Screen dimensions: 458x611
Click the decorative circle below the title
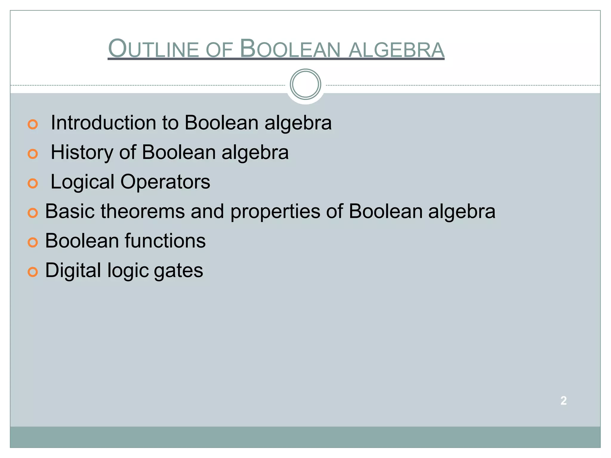click(x=305, y=84)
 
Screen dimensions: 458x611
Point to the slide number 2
click(x=563, y=400)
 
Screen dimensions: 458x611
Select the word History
click(x=82, y=152)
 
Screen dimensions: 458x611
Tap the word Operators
click(x=165, y=182)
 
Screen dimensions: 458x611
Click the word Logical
click(x=82, y=182)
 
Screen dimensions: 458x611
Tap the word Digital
click(x=73, y=270)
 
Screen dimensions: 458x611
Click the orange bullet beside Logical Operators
click(x=33, y=183)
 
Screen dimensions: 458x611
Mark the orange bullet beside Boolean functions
click(x=33, y=242)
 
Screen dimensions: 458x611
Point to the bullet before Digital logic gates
click(x=33, y=272)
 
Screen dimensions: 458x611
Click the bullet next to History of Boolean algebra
click(x=33, y=154)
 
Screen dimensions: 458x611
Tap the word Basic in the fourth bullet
click(x=70, y=211)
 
